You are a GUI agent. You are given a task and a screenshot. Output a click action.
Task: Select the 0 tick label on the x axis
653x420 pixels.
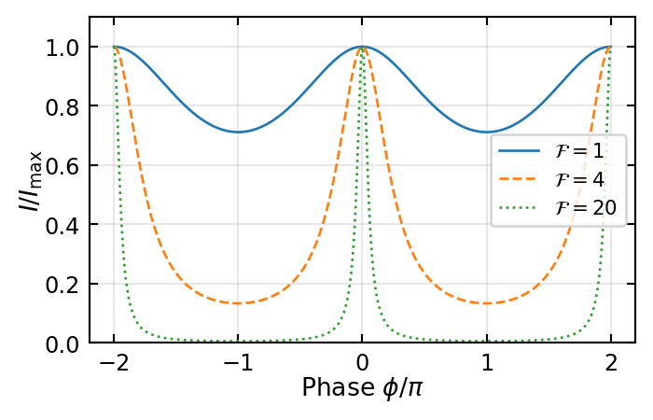pos(363,362)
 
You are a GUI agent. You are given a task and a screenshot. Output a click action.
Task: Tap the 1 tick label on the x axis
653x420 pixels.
pos(486,362)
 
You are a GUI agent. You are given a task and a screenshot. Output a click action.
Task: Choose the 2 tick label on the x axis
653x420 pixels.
pos(610,362)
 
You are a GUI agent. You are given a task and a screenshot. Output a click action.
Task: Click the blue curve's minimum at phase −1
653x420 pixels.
pos(239,132)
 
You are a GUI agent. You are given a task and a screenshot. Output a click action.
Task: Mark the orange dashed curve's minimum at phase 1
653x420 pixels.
pos(486,302)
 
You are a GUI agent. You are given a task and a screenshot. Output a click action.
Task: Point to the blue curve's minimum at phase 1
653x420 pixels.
pos(486,132)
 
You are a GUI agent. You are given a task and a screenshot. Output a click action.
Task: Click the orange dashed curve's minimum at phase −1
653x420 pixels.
pos(239,302)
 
